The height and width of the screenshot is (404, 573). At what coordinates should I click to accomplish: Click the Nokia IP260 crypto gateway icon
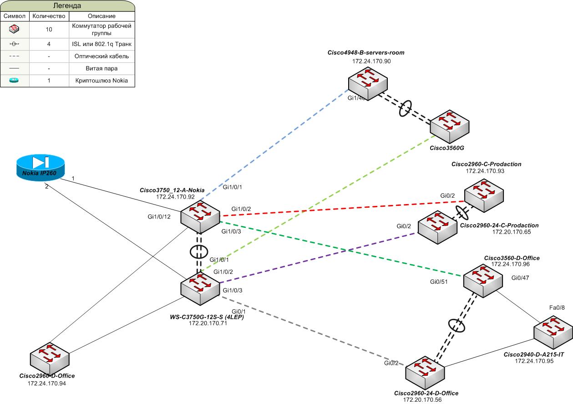(40, 166)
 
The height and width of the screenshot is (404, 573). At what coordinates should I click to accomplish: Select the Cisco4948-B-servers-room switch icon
(368, 83)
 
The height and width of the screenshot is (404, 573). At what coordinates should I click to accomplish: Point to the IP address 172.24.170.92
(175, 197)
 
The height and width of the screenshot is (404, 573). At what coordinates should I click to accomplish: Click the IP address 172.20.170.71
(208, 323)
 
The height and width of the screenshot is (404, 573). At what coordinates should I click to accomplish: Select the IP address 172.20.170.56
(422, 399)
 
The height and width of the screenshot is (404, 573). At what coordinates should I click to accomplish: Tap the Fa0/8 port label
(557, 308)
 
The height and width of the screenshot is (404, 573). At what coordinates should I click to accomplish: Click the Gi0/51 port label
(439, 282)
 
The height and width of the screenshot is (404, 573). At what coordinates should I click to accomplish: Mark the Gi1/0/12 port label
(159, 216)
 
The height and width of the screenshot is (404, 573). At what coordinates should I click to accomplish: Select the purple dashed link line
(319, 258)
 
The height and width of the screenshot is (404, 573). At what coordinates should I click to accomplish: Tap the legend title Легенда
(67, 6)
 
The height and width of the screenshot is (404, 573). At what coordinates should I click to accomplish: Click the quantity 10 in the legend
(49, 30)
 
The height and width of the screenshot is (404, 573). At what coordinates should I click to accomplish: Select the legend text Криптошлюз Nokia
(101, 81)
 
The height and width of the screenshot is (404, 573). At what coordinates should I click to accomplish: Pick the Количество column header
(49, 16)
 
